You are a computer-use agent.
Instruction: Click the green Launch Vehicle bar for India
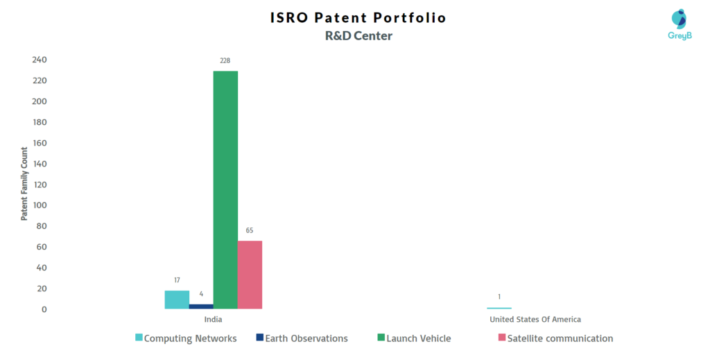[x=225, y=190]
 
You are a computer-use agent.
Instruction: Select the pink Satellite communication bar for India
[x=250, y=275]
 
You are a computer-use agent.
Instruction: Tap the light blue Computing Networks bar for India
[x=177, y=300]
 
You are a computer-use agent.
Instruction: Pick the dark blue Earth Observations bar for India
[x=201, y=307]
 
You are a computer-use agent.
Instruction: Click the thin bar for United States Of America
[x=499, y=308]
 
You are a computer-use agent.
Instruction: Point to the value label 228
[x=225, y=60]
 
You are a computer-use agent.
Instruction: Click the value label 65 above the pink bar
[x=250, y=230]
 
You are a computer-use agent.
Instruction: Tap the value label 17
[x=177, y=280]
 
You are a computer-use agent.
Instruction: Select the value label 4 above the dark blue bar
[x=201, y=294]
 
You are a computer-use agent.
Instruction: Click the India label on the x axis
[x=214, y=319]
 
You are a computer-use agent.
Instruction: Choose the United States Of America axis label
[x=535, y=319]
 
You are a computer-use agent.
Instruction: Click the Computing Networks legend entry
[x=186, y=338]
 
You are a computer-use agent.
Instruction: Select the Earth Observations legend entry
[x=302, y=338]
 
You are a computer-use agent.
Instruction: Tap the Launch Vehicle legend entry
[x=415, y=338]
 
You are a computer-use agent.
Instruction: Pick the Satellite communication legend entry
[x=555, y=338]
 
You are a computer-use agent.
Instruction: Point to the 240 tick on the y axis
[x=40, y=60]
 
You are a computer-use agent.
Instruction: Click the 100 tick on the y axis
[x=40, y=205]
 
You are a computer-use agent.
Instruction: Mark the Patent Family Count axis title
[x=24, y=184]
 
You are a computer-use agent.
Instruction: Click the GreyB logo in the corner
[x=679, y=24]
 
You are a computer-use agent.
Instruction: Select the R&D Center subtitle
[x=358, y=36]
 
